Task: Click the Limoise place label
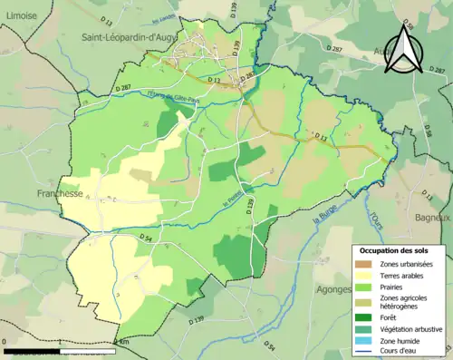click(20, 15)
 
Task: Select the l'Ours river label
click(375, 220)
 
